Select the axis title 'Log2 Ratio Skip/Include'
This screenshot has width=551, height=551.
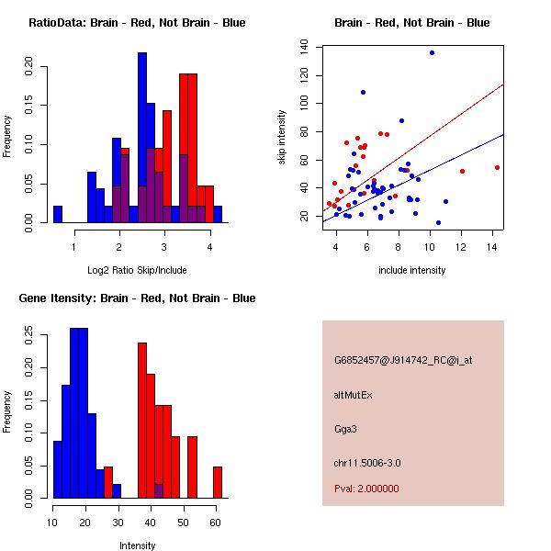(x=137, y=271)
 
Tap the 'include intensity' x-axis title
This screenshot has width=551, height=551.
(x=412, y=271)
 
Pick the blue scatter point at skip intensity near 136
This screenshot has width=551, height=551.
(x=432, y=53)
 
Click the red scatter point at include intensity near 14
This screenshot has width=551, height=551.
(x=497, y=167)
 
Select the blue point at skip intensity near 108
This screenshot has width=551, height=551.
(x=364, y=92)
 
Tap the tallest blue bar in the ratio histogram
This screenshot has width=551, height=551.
(x=142, y=138)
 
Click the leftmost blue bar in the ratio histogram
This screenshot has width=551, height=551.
(x=58, y=214)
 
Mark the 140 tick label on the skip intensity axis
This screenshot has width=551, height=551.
(x=303, y=47)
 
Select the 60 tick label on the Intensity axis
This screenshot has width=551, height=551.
(x=215, y=522)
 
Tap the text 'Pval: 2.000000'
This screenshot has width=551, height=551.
(x=366, y=489)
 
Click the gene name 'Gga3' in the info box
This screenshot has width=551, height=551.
(x=344, y=428)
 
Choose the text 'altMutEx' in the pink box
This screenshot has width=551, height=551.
(x=353, y=395)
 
